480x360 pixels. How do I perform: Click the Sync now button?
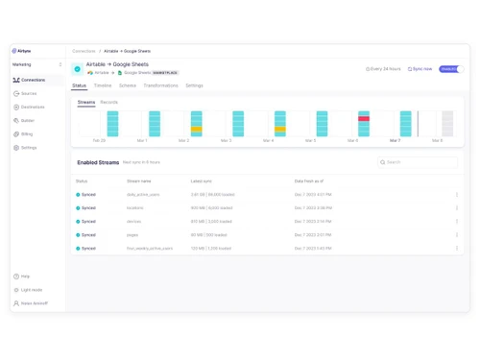tap(420, 69)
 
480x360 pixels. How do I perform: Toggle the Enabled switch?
tap(450, 69)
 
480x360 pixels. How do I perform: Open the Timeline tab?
tap(103, 85)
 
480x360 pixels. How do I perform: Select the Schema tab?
tap(128, 85)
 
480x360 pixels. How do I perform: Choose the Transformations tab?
tap(160, 85)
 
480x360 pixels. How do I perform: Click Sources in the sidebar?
tap(29, 93)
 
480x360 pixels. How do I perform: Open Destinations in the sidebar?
tap(33, 107)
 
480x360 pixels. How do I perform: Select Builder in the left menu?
tap(28, 120)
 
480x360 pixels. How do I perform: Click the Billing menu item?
tap(27, 133)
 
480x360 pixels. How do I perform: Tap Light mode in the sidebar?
tap(31, 289)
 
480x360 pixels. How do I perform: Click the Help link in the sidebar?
tap(25, 276)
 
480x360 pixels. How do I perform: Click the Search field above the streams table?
tap(419, 162)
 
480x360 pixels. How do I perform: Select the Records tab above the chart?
tap(109, 102)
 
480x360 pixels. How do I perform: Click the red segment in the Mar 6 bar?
tap(364, 119)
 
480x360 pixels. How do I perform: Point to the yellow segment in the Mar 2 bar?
tap(197, 128)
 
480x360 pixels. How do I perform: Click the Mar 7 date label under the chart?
tap(395, 141)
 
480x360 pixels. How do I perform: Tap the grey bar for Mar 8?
tap(447, 123)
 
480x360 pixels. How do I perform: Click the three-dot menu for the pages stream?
tap(457, 234)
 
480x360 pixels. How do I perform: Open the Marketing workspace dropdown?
tap(36, 64)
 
